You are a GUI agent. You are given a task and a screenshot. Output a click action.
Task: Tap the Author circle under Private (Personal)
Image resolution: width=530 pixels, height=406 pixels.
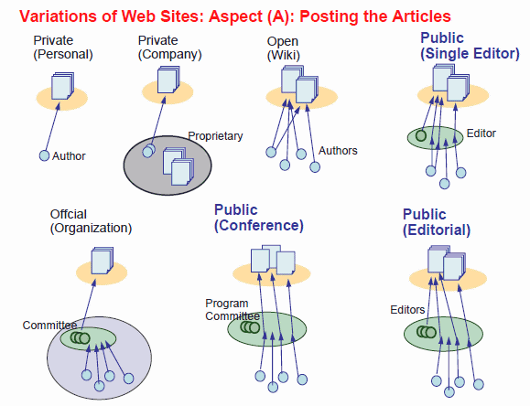point(44,155)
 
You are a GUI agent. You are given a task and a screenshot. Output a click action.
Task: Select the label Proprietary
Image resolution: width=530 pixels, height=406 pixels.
point(215,136)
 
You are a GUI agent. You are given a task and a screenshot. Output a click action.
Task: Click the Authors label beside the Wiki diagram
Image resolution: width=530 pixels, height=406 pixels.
point(338,150)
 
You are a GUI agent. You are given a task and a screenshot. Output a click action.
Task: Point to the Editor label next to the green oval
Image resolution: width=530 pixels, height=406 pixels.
point(481,134)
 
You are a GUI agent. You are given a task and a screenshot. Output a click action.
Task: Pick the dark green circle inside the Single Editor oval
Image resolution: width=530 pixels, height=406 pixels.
point(421,135)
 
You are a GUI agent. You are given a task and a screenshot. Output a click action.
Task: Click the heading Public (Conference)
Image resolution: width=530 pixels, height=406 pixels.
point(259,218)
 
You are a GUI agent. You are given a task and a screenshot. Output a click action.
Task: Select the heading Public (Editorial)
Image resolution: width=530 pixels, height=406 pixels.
point(437,222)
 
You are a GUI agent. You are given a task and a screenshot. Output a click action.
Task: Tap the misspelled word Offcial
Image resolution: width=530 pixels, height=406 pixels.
point(69,214)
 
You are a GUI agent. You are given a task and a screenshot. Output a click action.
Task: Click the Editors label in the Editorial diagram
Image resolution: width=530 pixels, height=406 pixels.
point(407,310)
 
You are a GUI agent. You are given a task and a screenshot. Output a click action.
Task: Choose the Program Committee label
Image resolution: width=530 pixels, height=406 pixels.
point(233,309)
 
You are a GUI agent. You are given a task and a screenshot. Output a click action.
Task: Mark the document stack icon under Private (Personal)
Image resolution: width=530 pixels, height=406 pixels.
point(62,86)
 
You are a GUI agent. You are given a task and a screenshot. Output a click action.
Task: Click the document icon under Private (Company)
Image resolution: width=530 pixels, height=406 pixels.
point(168,80)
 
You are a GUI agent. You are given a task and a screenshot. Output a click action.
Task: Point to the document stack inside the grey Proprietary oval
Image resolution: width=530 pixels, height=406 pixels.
point(178,166)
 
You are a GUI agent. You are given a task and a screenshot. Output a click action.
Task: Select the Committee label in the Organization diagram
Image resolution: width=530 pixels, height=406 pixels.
point(49,325)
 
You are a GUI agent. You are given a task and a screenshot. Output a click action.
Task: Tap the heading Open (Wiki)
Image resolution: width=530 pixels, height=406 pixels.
point(283,48)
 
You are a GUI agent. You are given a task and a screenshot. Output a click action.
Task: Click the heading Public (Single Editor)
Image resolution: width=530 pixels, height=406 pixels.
point(470,46)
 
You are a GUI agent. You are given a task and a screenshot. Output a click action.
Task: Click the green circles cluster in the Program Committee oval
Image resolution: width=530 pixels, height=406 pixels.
point(250,327)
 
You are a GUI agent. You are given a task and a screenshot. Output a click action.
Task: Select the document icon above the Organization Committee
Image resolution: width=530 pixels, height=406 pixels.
point(103,261)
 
